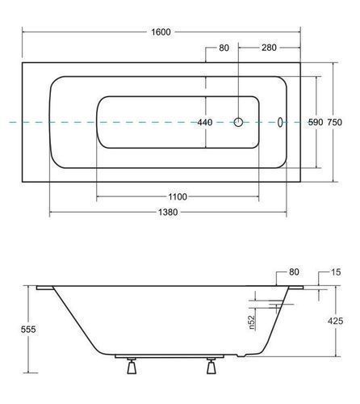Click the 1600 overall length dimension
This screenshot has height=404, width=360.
pyautogui.click(x=161, y=32)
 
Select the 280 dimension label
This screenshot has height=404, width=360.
pyautogui.click(x=269, y=48)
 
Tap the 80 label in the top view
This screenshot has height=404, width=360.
pyautogui.click(x=224, y=48)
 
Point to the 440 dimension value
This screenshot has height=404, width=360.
pyautogui.click(x=205, y=123)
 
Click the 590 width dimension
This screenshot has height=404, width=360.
pyautogui.click(x=316, y=122)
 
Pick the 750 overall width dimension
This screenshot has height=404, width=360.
pyautogui.click(x=334, y=122)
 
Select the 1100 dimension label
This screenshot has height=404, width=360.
pyautogui.click(x=178, y=197)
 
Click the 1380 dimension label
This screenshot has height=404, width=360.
pyautogui.click(x=168, y=213)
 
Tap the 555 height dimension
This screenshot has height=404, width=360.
pyautogui.click(x=28, y=329)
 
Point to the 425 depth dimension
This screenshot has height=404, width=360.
pyautogui.click(x=336, y=321)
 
